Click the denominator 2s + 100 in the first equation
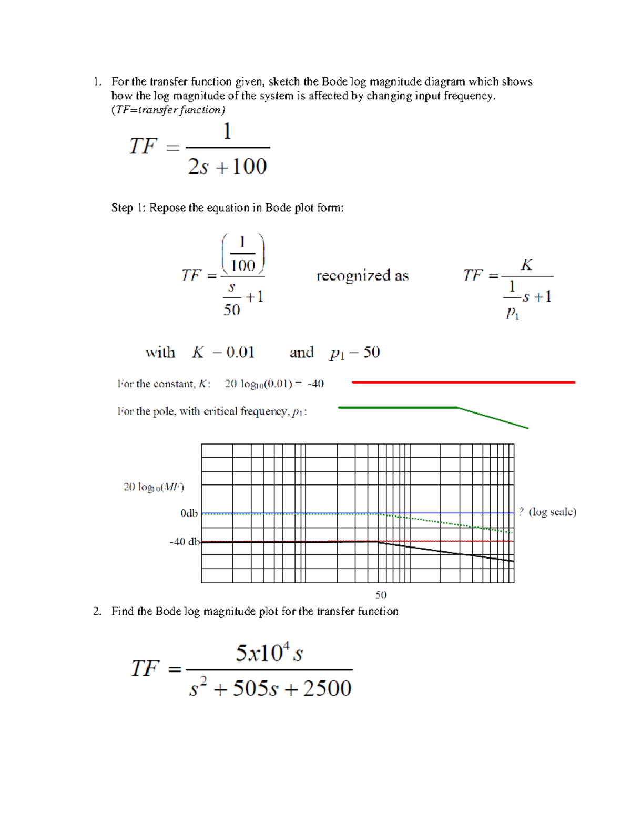(x=228, y=167)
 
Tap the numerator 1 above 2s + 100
(x=227, y=131)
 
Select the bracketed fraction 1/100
(x=243, y=254)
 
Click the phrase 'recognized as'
(x=362, y=276)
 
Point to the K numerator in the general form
(x=526, y=265)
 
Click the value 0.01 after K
(x=240, y=352)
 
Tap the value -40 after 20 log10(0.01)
(x=315, y=384)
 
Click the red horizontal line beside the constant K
(x=463, y=383)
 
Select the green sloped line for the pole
(x=492, y=418)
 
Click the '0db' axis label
(x=189, y=513)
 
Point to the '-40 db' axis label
(x=185, y=541)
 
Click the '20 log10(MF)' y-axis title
(x=154, y=487)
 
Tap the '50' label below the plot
(x=381, y=595)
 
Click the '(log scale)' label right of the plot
(x=552, y=512)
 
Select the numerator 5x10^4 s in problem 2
(x=269, y=654)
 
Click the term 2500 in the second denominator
(x=327, y=688)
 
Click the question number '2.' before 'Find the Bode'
(x=97, y=611)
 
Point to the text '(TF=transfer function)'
(x=168, y=110)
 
